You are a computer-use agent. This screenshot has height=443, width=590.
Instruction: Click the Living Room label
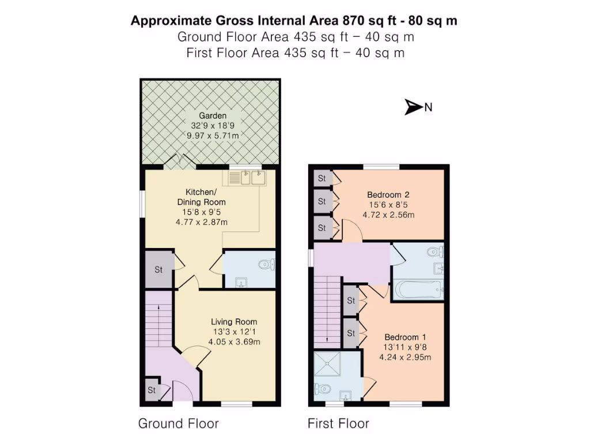(234, 321)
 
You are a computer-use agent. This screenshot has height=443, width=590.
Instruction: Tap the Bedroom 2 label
(389, 194)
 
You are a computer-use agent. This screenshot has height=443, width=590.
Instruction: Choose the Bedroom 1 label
(405, 337)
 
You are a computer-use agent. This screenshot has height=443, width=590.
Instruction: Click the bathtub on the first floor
(418, 288)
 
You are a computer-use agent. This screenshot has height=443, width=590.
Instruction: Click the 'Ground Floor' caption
(178, 424)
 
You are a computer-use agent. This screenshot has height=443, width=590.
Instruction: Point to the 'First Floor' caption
(338, 424)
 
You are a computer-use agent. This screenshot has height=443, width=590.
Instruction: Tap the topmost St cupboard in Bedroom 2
(322, 178)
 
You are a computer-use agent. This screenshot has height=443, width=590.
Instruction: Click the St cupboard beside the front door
(152, 391)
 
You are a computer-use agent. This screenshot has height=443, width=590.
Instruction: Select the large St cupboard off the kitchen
(158, 269)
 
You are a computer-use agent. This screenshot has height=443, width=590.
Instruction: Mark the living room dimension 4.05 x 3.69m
(234, 341)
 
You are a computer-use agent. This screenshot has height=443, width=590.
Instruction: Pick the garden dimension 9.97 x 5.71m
(213, 136)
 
